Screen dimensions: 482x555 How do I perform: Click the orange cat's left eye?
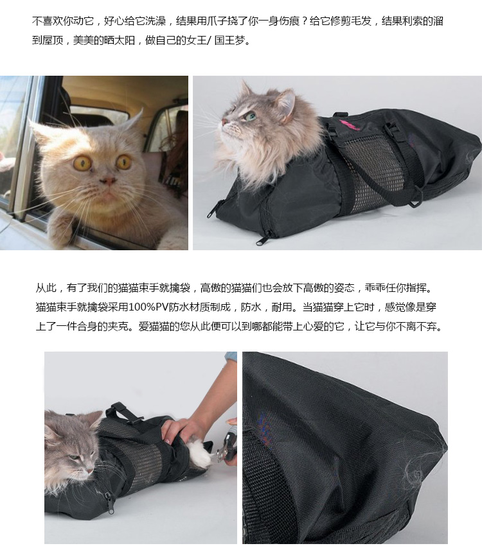click(x=82, y=163)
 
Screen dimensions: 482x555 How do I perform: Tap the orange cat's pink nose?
click(x=109, y=182)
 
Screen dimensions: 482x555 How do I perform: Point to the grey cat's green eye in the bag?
click(x=251, y=115)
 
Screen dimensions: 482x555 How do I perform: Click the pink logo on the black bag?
click(x=349, y=124)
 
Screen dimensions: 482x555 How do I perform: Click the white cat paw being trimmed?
click(x=199, y=454)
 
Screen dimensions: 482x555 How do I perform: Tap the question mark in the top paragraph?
click(x=305, y=21)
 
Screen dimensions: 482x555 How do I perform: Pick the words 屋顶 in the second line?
click(x=53, y=40)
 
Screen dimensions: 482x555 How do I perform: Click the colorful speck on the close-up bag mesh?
click(x=263, y=427)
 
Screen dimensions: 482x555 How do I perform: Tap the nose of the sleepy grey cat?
click(x=91, y=470)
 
